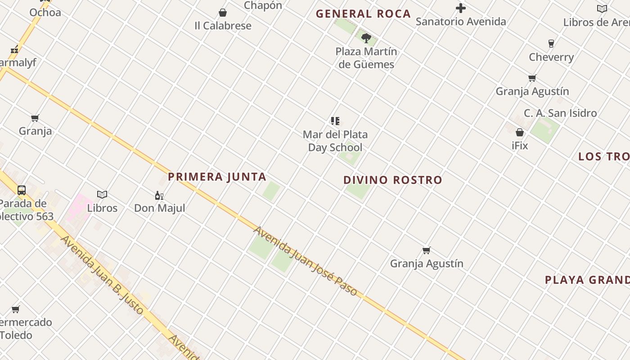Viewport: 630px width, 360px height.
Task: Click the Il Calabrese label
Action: [x=223, y=26]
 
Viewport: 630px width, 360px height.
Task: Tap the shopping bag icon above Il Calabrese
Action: [x=223, y=13]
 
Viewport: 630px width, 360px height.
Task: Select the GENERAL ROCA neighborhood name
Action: [x=363, y=14]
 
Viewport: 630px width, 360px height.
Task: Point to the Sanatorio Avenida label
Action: [x=461, y=21]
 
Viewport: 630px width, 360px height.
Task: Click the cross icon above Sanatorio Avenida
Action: [x=461, y=8]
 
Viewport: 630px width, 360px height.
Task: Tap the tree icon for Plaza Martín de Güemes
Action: [x=366, y=38]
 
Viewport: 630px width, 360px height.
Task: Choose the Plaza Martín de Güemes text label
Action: [x=366, y=58]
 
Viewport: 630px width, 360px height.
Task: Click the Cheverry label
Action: [x=551, y=57]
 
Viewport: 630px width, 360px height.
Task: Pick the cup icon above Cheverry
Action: [x=551, y=44]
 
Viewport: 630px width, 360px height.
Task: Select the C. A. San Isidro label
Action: [x=560, y=113]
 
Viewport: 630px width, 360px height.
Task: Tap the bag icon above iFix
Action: [x=520, y=132]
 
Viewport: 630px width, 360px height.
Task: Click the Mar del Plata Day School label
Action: [x=335, y=141]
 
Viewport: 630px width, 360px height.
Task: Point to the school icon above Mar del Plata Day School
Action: [x=335, y=121]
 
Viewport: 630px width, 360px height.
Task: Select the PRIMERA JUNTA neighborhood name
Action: [x=217, y=177]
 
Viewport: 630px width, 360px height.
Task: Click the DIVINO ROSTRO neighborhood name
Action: [x=393, y=180]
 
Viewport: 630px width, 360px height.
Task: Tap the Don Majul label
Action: [x=160, y=208]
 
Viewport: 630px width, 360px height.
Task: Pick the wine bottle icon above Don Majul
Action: [x=159, y=195]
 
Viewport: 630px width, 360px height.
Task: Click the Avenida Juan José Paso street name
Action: [x=306, y=261]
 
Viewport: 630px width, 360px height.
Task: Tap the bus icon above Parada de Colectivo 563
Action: [x=22, y=190]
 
